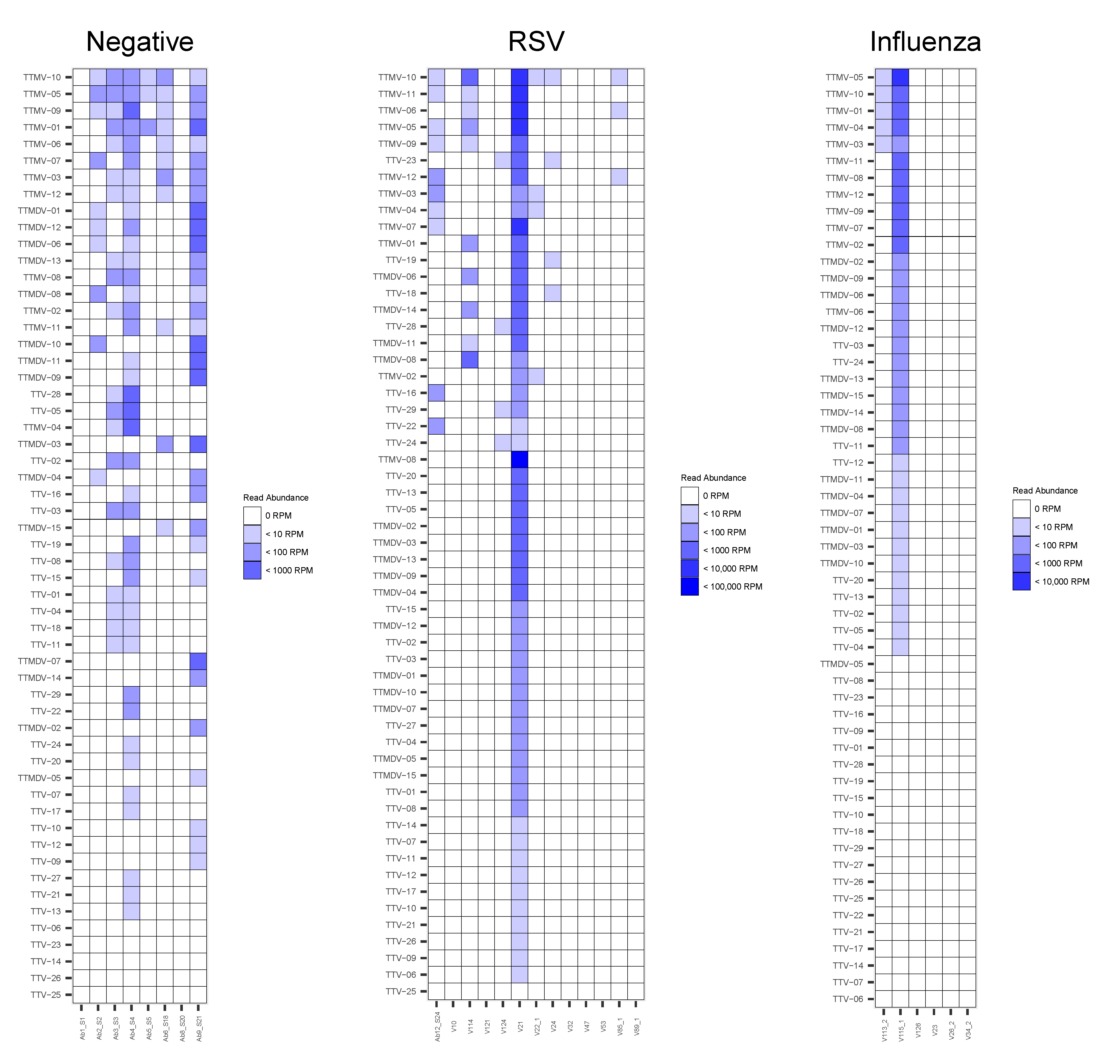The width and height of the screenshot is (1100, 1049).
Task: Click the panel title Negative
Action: [140, 42]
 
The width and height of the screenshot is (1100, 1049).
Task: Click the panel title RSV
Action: [536, 42]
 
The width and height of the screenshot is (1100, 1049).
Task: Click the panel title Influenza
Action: [925, 42]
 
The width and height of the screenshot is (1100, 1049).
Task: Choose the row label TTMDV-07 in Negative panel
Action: [39, 661]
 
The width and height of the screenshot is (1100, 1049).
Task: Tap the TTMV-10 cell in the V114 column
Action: [470, 77]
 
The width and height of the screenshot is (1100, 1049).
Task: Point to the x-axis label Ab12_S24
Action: [437, 1026]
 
